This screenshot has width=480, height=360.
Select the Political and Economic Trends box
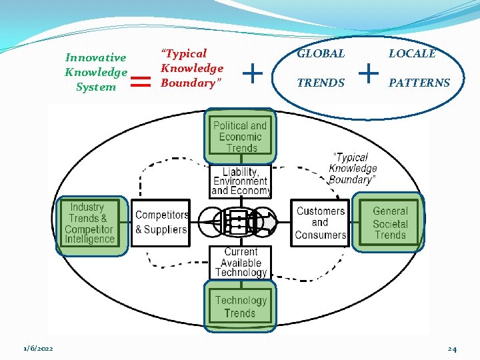tap(240, 136)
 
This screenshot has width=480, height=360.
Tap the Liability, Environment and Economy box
tap(240, 181)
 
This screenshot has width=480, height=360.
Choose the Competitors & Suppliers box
tap(161, 223)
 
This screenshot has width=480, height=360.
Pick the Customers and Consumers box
tap(321, 223)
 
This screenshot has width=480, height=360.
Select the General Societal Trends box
tap(390, 223)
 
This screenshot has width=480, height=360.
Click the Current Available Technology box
tap(240, 262)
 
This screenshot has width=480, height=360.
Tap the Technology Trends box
tap(240, 306)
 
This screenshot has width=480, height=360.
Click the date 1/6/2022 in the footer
tap(39, 349)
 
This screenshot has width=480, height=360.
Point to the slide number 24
tap(452, 349)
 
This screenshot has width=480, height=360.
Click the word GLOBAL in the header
tap(321, 54)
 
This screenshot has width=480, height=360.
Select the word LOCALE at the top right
tap(412, 54)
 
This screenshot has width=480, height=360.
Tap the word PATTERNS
tap(419, 83)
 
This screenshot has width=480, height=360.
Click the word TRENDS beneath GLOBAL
tap(321, 83)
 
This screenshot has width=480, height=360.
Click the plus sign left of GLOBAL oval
tap(253, 71)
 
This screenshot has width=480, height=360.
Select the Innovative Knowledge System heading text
tap(96, 72)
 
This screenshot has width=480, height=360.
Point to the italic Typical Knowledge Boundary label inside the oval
tap(353, 169)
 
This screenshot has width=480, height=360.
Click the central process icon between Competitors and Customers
tap(240, 222)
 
